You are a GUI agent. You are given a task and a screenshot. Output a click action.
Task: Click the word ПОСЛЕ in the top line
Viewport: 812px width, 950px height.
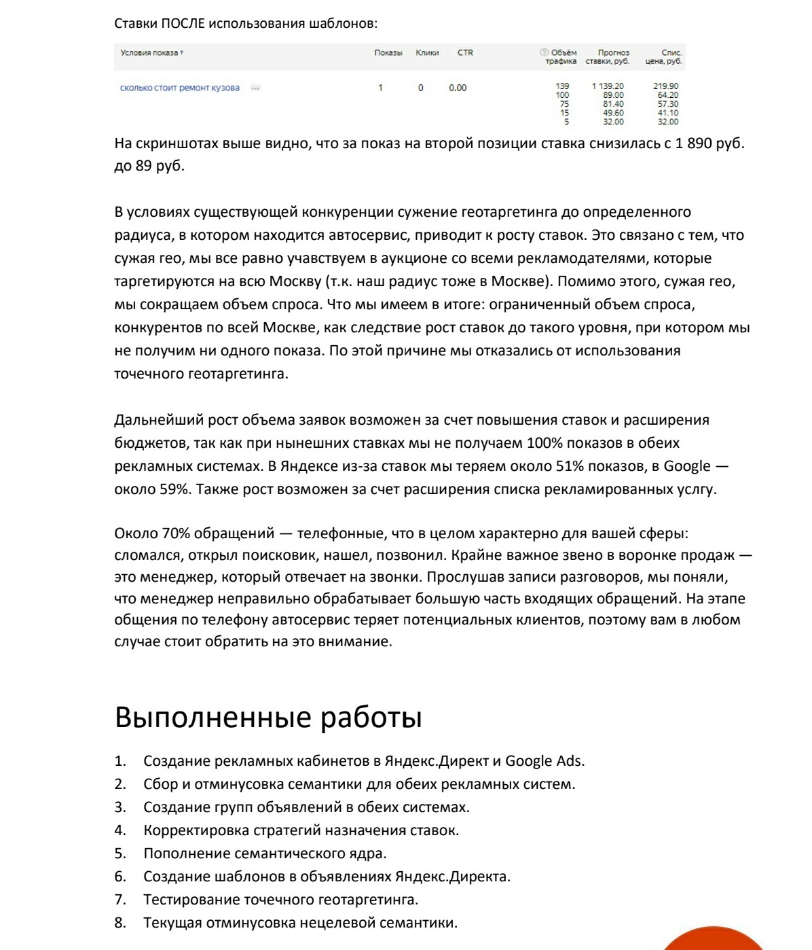[x=183, y=24]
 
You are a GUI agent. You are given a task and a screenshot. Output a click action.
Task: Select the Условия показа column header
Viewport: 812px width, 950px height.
[x=149, y=53]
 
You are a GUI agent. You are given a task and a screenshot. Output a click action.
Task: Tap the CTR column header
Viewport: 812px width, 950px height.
[x=465, y=53]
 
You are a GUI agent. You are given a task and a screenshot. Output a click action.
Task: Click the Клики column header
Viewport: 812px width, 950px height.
[x=427, y=53]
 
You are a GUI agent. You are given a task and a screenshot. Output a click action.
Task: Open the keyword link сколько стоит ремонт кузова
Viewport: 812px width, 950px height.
[x=180, y=88]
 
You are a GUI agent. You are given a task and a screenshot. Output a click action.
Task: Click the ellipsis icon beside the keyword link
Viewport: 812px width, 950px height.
[x=255, y=88]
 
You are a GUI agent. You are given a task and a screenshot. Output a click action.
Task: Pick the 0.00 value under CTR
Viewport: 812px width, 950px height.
[x=458, y=88]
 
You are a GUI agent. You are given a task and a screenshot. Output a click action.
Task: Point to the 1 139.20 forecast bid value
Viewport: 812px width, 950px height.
[x=608, y=86]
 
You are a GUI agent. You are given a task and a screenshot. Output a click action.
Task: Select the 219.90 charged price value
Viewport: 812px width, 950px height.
[x=665, y=86]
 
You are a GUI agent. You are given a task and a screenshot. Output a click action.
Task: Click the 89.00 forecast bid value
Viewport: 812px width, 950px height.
[x=613, y=95]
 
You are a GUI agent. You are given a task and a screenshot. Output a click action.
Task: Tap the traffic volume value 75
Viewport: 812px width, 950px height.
[x=564, y=104]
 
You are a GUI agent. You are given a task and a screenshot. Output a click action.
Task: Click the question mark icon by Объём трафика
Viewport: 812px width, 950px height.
[x=544, y=52]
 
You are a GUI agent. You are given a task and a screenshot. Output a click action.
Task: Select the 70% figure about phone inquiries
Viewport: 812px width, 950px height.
[x=176, y=533]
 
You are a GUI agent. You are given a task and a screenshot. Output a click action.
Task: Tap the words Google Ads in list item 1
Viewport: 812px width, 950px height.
[x=544, y=761]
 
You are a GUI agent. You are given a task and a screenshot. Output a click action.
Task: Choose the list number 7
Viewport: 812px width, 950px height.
[x=120, y=900]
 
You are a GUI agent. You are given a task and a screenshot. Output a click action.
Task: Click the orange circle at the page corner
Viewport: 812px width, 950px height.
[x=713, y=941]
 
